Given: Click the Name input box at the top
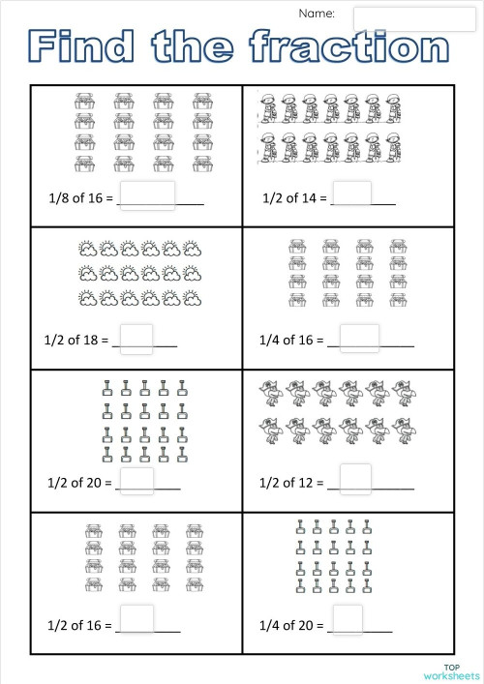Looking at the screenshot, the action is [394, 17].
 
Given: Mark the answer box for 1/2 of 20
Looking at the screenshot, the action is [136, 479].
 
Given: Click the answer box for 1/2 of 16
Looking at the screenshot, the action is [137, 619].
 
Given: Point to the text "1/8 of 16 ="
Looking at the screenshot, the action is [80, 199].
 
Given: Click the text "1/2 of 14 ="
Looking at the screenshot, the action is [294, 199].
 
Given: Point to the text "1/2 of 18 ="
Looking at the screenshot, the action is [77, 341].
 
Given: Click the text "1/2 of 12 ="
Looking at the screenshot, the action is [291, 482].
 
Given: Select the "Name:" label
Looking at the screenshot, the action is [317, 14].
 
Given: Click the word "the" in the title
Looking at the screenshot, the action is [194, 47].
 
